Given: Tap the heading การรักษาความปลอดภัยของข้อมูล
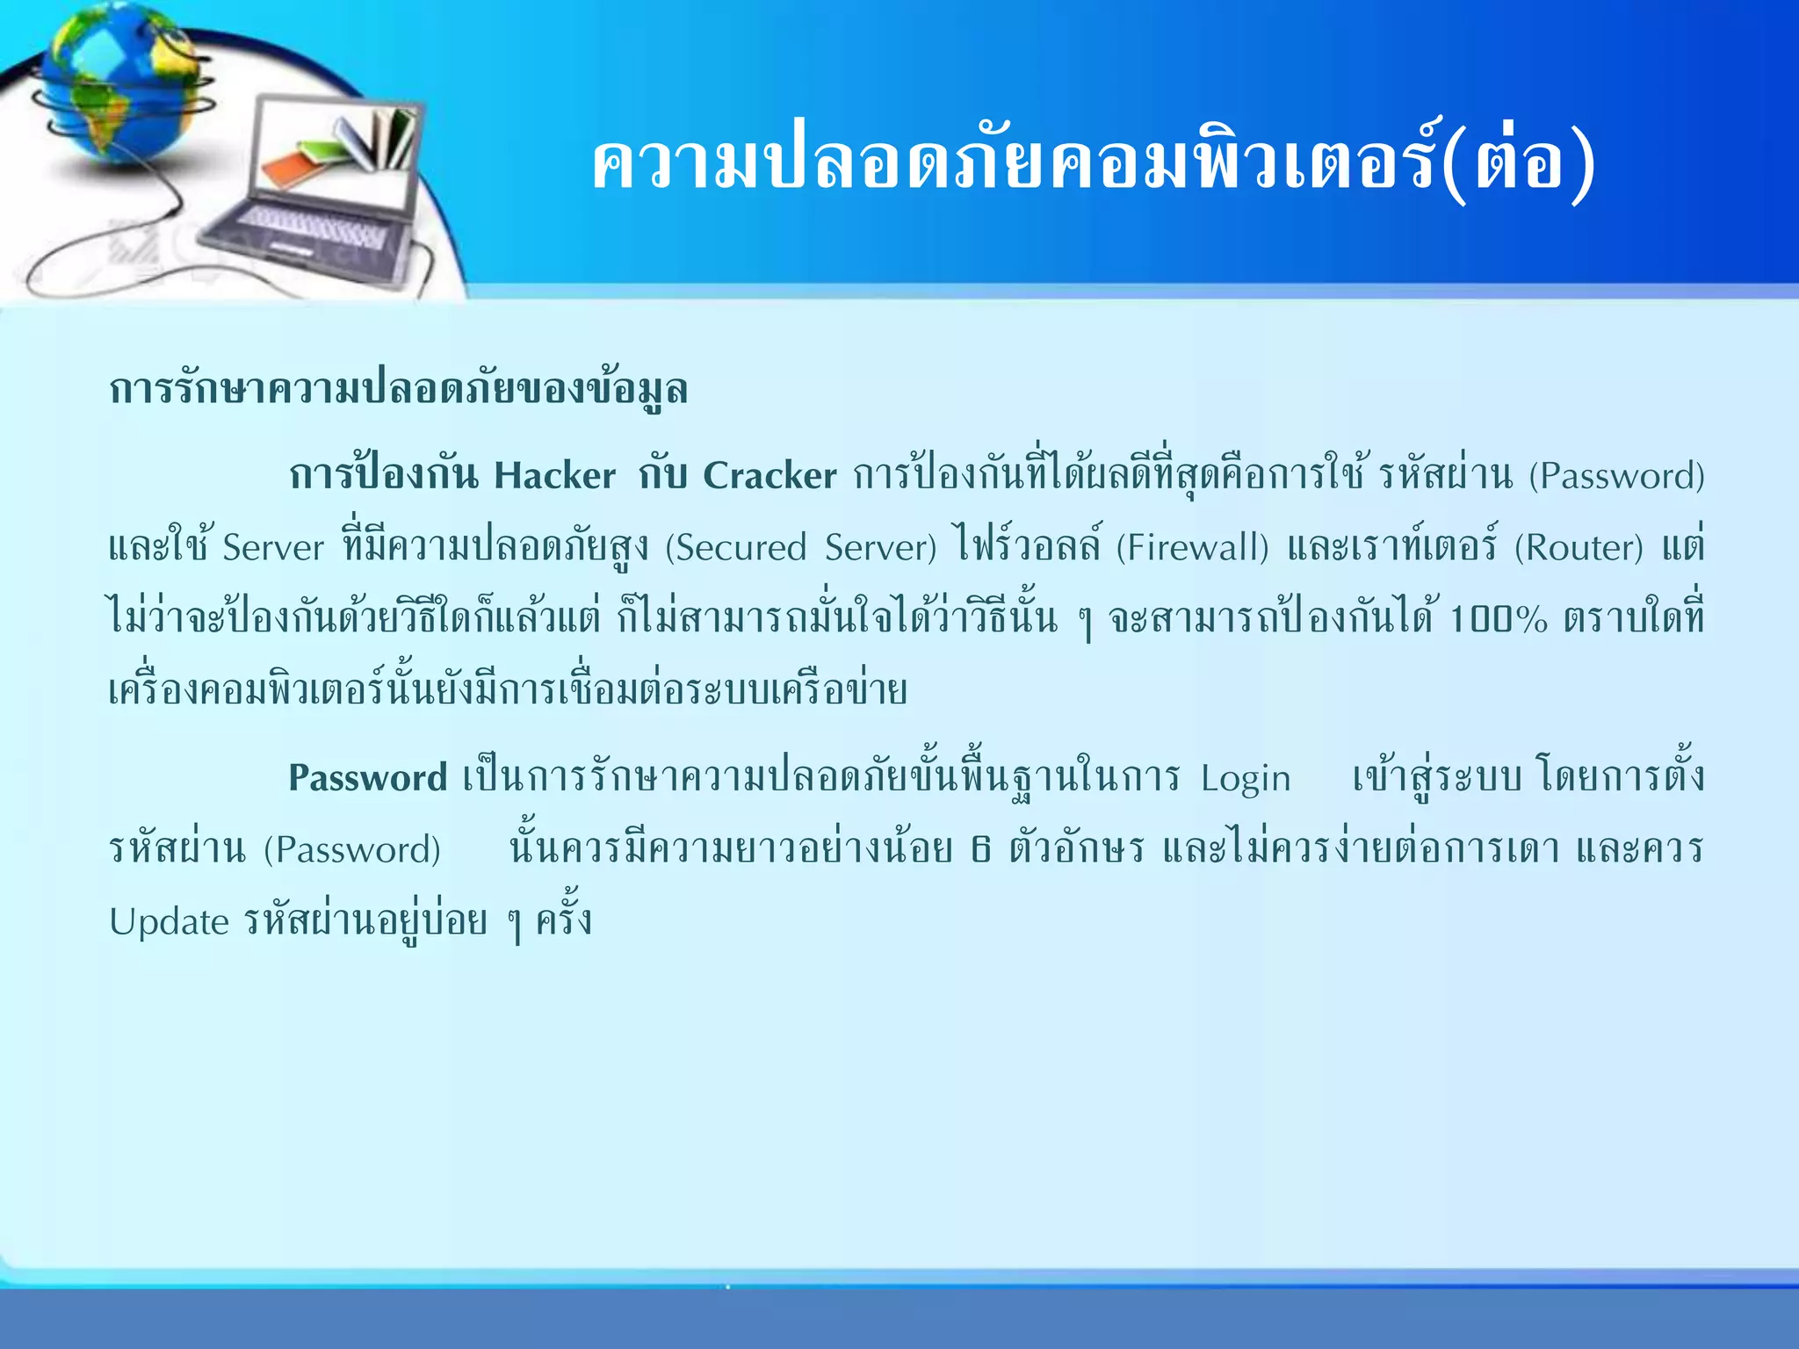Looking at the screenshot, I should (398, 389).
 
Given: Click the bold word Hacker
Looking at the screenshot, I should (554, 476).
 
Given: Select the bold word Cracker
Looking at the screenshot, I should (769, 476).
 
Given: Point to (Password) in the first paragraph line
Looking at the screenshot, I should (1616, 476).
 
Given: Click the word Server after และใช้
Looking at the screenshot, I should (273, 548).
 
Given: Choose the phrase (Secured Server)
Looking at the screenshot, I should (801, 548).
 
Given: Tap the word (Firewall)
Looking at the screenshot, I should (1192, 548).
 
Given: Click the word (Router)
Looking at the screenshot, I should (1579, 548).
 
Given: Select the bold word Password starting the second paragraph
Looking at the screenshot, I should (367, 778).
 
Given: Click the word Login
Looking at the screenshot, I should (1246, 778).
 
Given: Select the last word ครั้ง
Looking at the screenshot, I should (564, 920).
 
